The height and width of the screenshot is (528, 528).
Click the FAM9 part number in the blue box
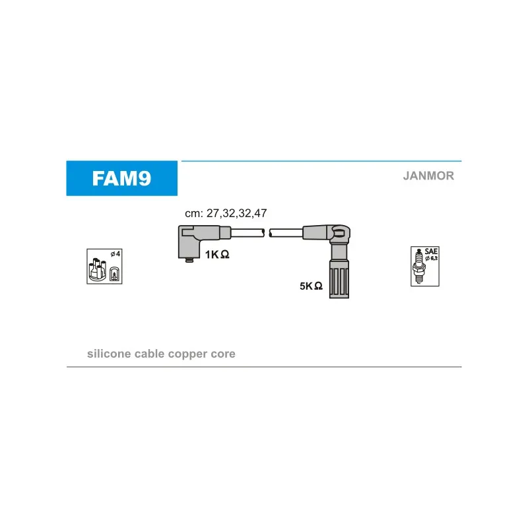coord(121,179)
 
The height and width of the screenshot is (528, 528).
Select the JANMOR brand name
coord(428,176)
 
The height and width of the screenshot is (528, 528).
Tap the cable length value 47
coord(260,213)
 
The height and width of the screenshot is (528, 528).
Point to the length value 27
coord(213,213)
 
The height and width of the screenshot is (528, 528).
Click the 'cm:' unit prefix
coord(193,213)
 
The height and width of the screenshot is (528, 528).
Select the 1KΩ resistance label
coord(216,254)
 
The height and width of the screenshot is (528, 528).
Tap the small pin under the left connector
coord(190,260)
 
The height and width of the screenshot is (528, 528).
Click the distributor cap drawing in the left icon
coord(98,268)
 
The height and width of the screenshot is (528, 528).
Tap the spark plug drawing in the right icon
coord(418,267)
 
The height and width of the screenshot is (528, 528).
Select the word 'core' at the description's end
coord(222,354)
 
